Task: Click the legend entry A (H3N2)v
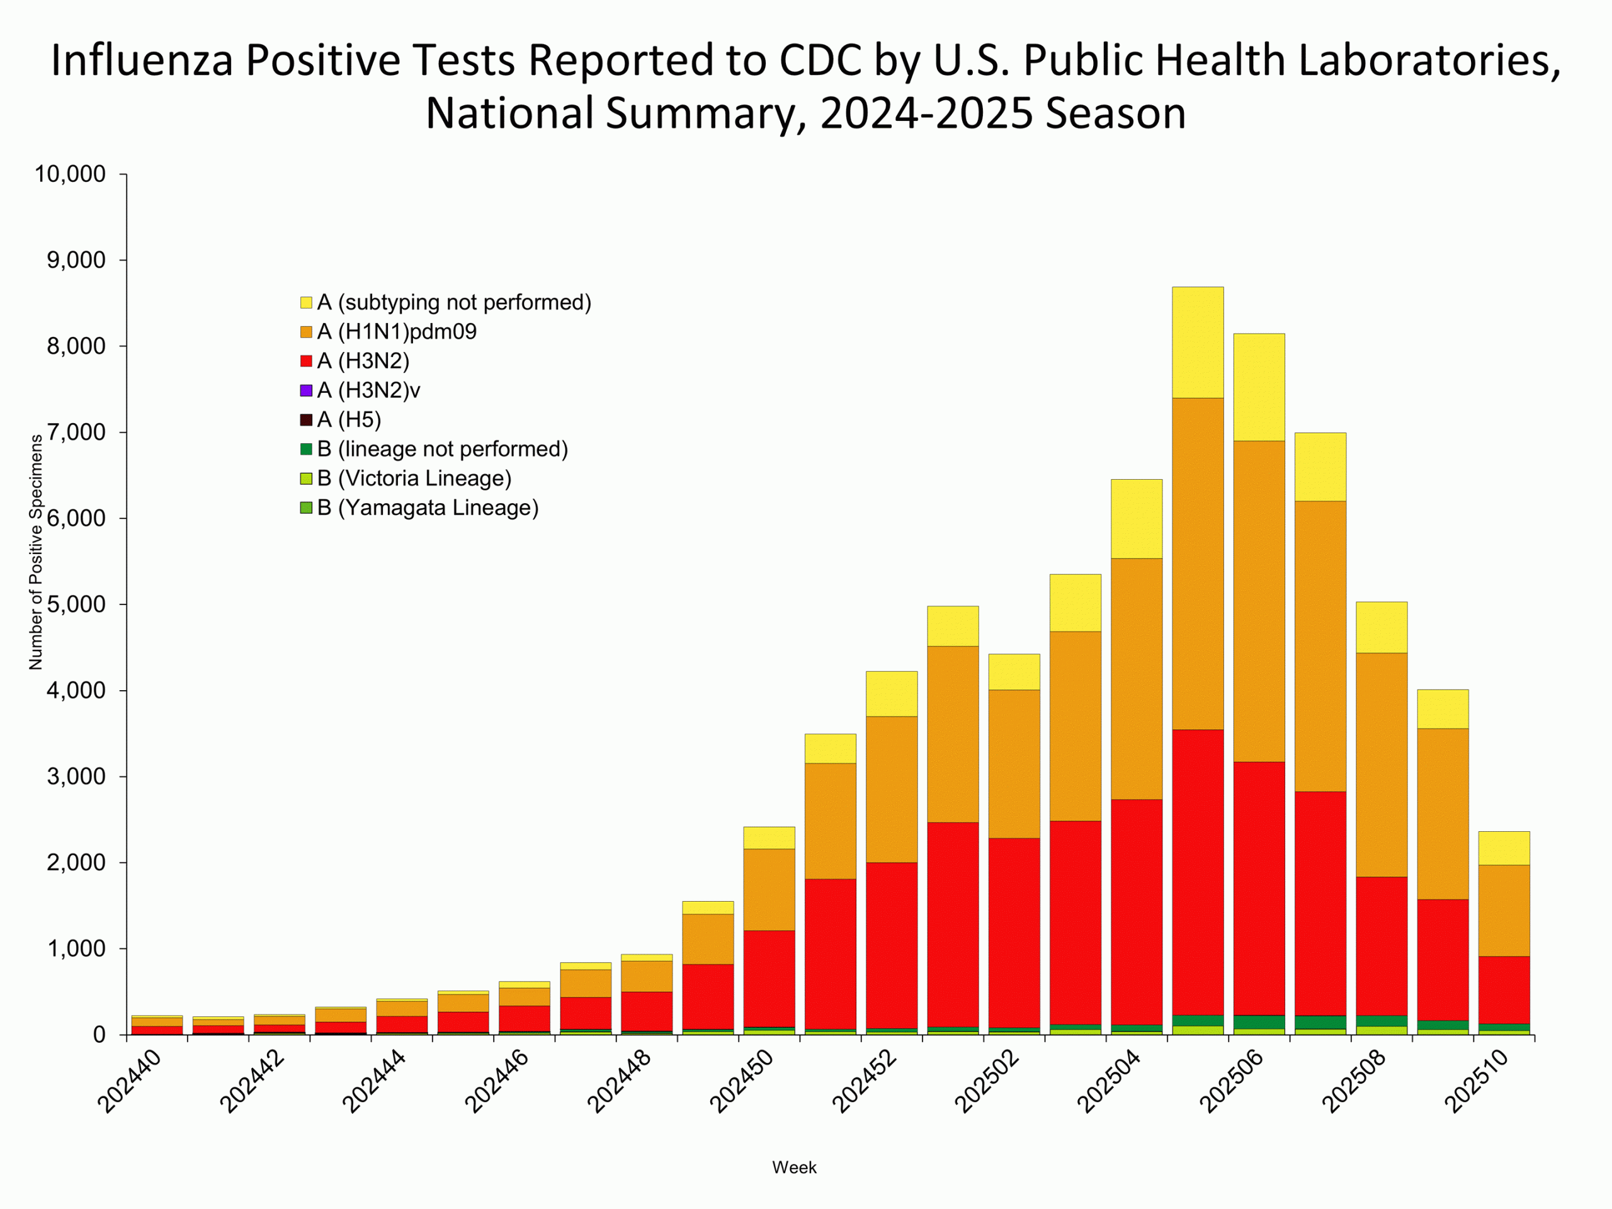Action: pos(368,390)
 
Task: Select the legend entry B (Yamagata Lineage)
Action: pos(427,508)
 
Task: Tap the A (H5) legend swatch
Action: pos(306,420)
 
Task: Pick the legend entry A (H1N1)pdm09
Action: pos(397,332)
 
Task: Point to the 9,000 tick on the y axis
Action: pos(76,260)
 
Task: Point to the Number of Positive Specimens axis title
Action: pos(36,552)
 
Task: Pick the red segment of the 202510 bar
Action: pos(1504,990)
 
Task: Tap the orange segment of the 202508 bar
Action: pos(1381,765)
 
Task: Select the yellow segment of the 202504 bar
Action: pos(1136,519)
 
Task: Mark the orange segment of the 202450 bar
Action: pos(769,889)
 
